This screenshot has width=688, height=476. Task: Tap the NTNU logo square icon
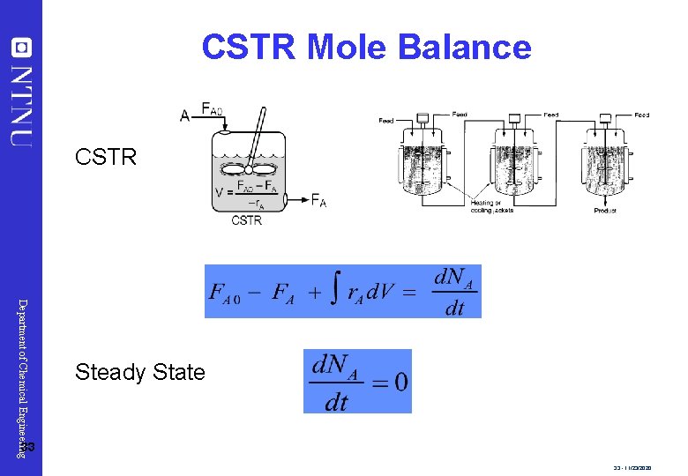(x=21, y=47)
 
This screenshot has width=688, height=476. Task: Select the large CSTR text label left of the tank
(x=106, y=158)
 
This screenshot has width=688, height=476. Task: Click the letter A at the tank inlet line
(x=184, y=115)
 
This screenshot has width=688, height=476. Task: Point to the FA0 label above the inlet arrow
(x=212, y=109)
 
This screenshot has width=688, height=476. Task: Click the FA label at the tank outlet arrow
(x=318, y=201)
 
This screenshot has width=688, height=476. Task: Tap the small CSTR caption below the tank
(x=247, y=221)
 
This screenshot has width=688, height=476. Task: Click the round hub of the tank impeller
(x=249, y=168)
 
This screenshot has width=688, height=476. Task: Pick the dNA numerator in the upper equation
(x=456, y=279)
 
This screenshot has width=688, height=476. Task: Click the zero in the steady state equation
(x=400, y=382)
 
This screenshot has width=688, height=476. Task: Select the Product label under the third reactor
(x=604, y=211)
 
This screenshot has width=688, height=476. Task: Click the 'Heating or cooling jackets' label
(x=492, y=206)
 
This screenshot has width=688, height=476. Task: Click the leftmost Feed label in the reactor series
(x=385, y=121)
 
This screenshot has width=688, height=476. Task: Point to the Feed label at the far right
(x=641, y=115)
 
